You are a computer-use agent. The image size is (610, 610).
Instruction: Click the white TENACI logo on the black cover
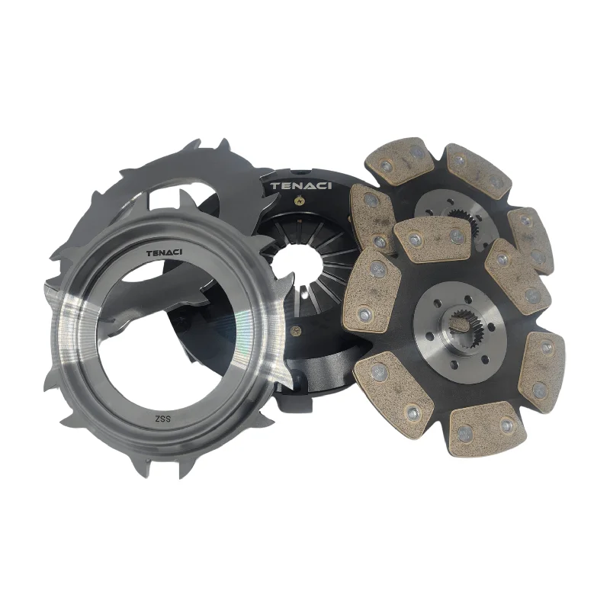pos(301,185)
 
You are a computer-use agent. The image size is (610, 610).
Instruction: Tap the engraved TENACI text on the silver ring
pos(164,253)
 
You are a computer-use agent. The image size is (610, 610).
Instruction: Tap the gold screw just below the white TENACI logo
pos(300,201)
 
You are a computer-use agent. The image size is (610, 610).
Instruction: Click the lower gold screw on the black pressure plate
pos(297,332)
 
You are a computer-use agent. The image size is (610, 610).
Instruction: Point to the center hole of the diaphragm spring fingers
pos(297,265)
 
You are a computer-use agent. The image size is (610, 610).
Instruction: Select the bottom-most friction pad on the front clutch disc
pos(483,429)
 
